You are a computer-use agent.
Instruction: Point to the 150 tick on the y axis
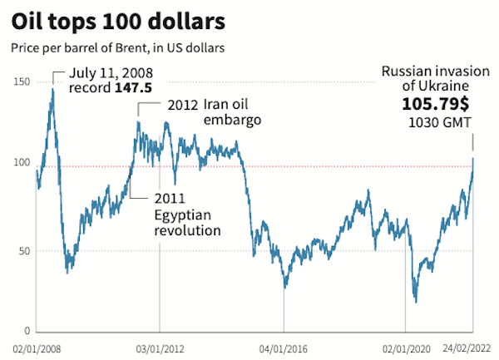(20, 81)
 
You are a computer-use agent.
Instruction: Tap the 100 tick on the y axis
(20, 166)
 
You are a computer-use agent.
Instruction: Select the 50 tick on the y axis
(22, 250)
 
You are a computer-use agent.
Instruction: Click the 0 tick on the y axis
(26, 330)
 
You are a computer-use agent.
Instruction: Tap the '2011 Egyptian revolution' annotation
(188, 215)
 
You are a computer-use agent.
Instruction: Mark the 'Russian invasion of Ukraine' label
(427, 80)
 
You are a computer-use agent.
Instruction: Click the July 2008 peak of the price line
(53, 88)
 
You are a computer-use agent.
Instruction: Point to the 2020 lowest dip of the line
(415, 301)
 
